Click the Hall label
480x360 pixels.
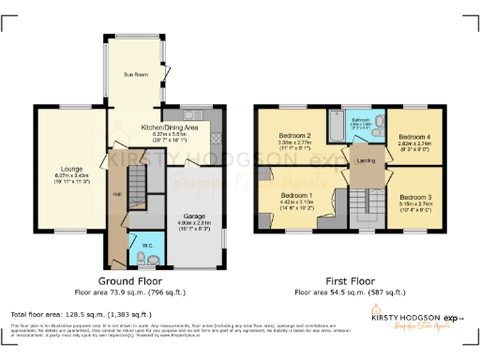tap(118, 194)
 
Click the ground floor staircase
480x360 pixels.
tap(138, 177)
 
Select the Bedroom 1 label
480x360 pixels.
tap(295, 196)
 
